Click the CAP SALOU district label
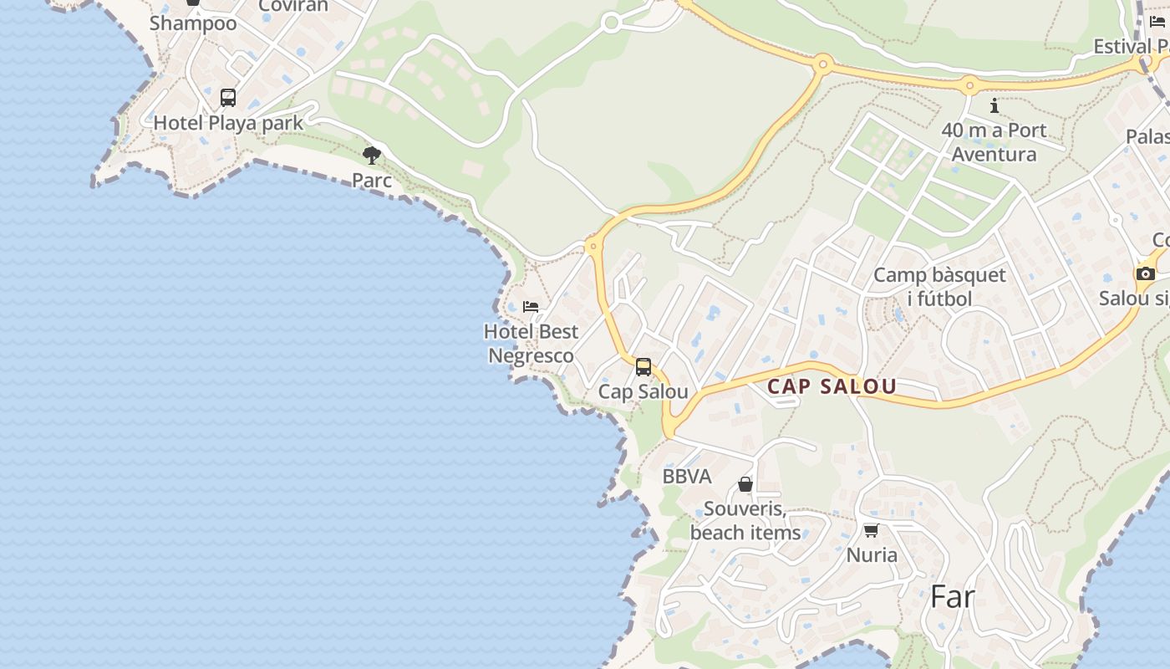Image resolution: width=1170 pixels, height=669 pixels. point(832,386)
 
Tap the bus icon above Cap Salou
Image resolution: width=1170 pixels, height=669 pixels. point(643,366)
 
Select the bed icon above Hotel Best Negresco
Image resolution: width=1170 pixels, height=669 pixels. point(531,307)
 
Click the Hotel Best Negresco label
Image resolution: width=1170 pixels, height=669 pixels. point(531,344)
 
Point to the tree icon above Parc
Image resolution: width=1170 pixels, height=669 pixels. point(372,155)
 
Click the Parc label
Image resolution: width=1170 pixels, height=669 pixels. point(372,180)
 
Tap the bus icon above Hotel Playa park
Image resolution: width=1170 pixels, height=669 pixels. point(228,98)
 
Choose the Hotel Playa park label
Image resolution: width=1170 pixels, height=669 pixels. point(228,122)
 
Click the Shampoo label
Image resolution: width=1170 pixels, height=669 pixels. point(193,23)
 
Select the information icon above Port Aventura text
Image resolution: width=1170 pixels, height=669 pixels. point(994,106)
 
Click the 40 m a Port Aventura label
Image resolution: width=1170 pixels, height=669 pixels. point(994,142)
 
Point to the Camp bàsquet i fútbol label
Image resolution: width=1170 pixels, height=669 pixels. point(939,287)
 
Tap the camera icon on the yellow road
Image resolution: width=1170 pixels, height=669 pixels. point(1145,273)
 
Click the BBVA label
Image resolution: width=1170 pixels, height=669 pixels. point(687,477)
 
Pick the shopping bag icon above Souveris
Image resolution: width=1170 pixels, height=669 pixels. point(745,484)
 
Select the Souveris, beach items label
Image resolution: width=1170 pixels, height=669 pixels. point(745,520)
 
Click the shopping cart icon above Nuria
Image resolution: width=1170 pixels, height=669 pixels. point(871,530)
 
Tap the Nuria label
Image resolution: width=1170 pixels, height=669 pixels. point(872,554)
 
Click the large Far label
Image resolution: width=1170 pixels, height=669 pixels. point(953,597)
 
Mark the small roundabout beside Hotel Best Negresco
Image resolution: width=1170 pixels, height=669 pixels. point(593,246)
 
